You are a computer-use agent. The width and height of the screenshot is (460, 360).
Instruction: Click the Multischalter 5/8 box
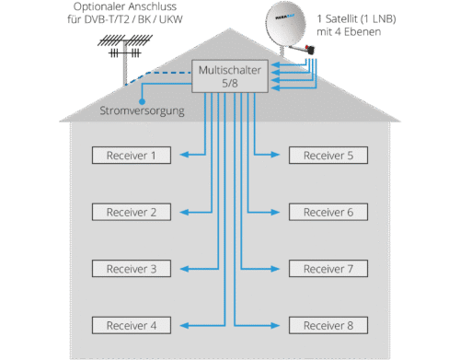point(230,76)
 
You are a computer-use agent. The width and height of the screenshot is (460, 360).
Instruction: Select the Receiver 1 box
point(132,155)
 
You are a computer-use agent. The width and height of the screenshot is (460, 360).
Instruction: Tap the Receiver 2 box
point(132,212)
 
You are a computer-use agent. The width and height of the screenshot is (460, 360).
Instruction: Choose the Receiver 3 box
point(132,269)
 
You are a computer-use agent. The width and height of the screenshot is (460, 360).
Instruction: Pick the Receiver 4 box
point(132,325)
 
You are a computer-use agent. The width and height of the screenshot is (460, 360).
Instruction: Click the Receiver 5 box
point(328,155)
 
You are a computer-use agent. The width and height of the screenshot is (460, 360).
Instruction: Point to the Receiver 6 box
point(328,212)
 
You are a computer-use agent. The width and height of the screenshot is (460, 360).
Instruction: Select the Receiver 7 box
point(328,269)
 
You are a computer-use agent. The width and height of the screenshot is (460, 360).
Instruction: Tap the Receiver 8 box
point(328,325)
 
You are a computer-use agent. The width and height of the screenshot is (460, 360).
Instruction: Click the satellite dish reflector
point(285,24)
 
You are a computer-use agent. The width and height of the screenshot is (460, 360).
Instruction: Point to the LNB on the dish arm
point(310,49)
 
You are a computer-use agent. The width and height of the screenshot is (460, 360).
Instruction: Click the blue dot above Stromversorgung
point(142,101)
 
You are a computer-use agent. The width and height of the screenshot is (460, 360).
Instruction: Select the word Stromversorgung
point(142,110)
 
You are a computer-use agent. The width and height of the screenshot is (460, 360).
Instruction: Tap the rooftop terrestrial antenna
point(125,55)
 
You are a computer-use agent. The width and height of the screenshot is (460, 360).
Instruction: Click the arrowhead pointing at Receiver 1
point(184,155)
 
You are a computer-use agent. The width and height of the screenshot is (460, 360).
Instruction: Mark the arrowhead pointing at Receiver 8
point(275,325)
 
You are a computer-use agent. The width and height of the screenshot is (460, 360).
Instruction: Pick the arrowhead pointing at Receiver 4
point(184,325)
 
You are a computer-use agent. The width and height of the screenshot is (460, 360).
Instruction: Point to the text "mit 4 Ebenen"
point(349,31)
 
